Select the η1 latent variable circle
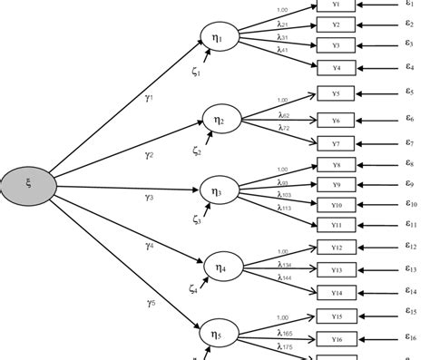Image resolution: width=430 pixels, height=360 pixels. pyautogui.click(x=218, y=37)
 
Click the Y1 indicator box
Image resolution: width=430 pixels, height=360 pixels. pyautogui.click(x=336, y=5)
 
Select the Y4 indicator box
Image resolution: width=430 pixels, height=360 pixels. pyautogui.click(x=336, y=68)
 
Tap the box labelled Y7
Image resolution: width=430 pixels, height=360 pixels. pyautogui.click(x=336, y=142)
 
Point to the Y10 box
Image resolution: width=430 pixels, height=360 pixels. pyautogui.click(x=336, y=205)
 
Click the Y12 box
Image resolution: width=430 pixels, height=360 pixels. pyautogui.click(x=336, y=247)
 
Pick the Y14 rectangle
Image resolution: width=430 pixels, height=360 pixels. pyautogui.click(x=336, y=292)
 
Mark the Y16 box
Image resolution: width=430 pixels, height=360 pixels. pyautogui.click(x=336, y=339)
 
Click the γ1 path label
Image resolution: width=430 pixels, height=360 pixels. pyautogui.click(x=149, y=92)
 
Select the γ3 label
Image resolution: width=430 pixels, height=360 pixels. pyautogui.click(x=150, y=197)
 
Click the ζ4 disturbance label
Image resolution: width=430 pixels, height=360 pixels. pyautogui.click(x=194, y=290)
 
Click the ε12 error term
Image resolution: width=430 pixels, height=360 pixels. pyautogui.click(x=412, y=247)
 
